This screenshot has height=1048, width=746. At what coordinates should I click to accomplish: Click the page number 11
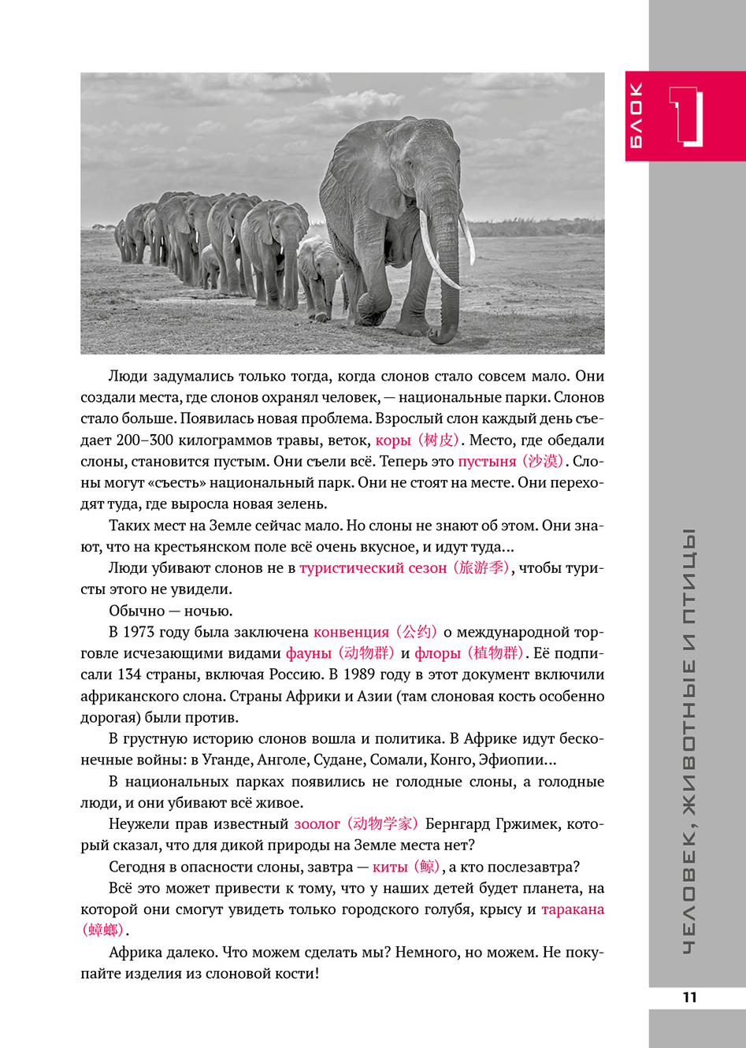point(689,997)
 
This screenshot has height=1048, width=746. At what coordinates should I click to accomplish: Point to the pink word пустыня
point(487,462)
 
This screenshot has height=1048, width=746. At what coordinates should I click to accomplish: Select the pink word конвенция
point(351,632)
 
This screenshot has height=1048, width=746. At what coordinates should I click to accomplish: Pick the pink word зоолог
point(317,824)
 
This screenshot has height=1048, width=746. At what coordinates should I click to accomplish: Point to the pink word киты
point(390,867)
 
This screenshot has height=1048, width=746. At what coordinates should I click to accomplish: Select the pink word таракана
point(573,909)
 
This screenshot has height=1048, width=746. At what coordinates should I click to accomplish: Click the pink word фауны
point(309,653)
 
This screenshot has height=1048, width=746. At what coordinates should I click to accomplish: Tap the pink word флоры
point(437,653)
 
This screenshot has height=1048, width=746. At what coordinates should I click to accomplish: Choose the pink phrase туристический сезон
point(373,568)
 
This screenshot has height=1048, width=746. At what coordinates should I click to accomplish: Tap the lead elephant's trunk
point(447,268)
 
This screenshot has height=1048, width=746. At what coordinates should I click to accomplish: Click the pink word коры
point(392,440)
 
